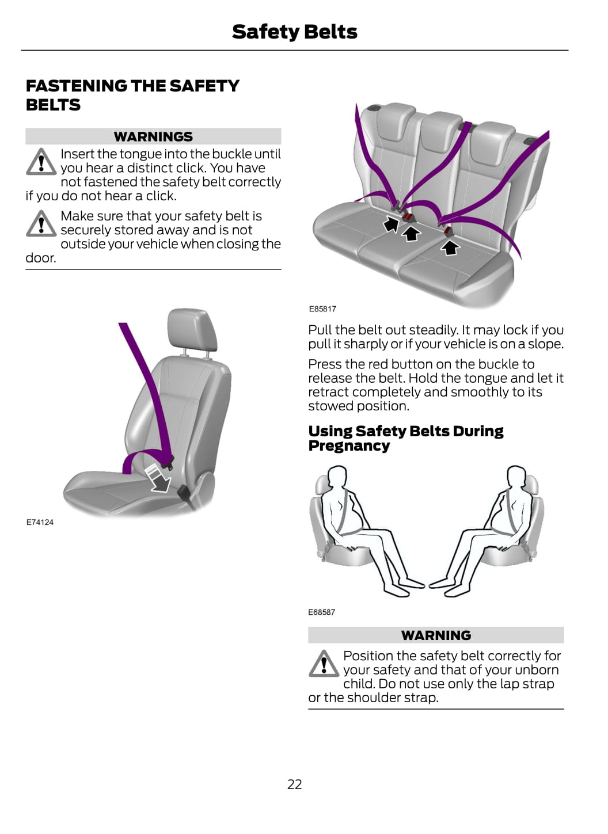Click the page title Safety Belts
[x=294, y=32]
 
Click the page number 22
[x=294, y=784]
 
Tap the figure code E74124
[x=40, y=522]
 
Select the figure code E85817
[x=322, y=309]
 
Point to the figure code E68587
[x=321, y=612]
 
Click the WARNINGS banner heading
[x=153, y=136]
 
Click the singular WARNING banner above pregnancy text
[x=436, y=635]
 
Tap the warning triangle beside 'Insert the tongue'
[x=41, y=162]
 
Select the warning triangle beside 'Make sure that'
[x=41, y=224]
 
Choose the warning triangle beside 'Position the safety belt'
[x=324, y=664]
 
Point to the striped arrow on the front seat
[x=158, y=478]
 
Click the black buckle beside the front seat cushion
[x=184, y=494]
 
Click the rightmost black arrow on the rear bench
[x=450, y=247]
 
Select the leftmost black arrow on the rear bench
[x=391, y=223]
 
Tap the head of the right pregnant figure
[x=516, y=475]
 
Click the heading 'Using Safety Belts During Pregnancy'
[x=406, y=438]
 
